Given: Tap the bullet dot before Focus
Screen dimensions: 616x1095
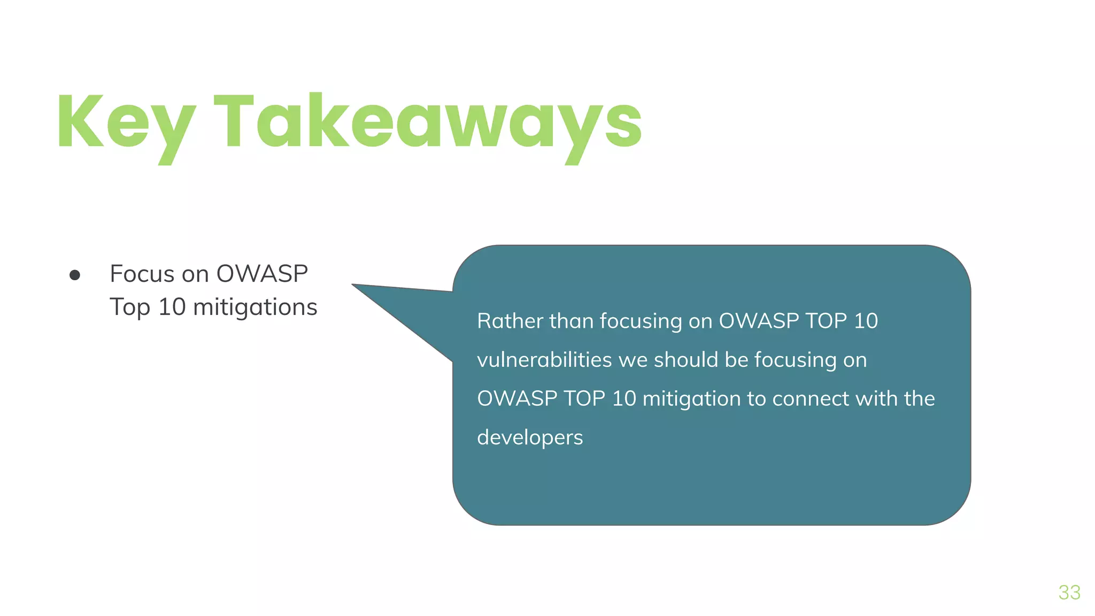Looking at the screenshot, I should click(x=75, y=275).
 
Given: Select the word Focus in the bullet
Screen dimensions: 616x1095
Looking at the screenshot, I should click(x=142, y=274).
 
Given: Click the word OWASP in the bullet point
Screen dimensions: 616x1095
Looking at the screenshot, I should click(x=262, y=274).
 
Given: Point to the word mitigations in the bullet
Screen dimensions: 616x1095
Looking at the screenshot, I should click(x=255, y=307).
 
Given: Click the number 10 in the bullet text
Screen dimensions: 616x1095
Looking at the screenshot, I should click(x=172, y=307).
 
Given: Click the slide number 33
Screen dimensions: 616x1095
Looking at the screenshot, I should click(x=1069, y=592).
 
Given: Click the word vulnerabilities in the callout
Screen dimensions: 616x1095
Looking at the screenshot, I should click(x=544, y=360).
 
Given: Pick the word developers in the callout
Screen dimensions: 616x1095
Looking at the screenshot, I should click(x=530, y=438).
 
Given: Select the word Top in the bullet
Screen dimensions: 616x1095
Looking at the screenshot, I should click(x=129, y=307).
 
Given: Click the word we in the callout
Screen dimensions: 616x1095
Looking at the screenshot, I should click(x=633, y=360).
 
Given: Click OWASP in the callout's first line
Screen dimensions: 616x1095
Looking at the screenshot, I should click(x=758, y=321).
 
